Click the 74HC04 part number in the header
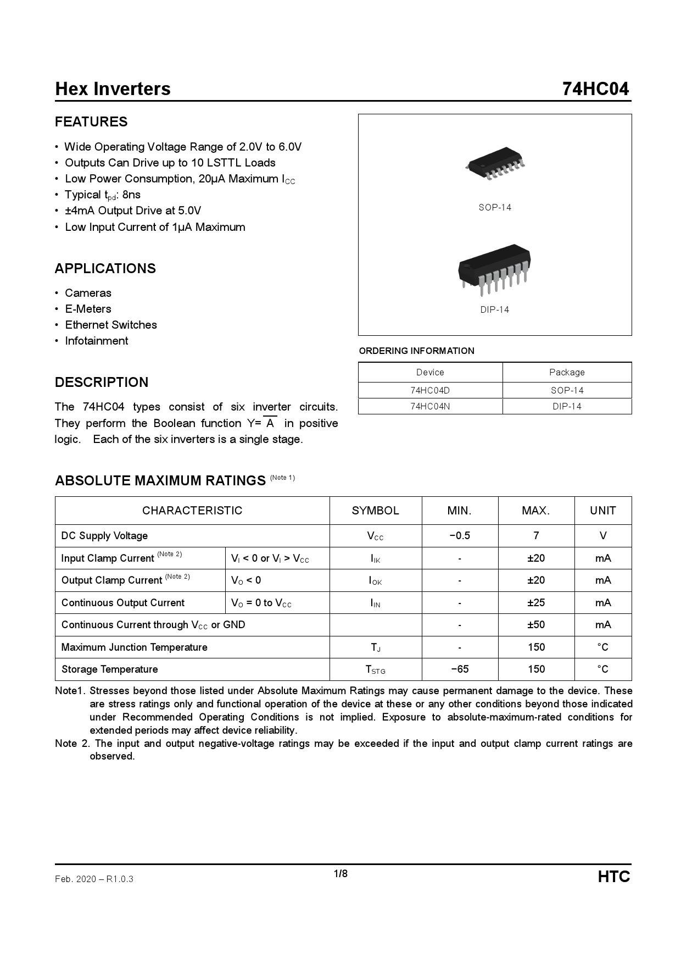[595, 89]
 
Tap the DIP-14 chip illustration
[494, 269]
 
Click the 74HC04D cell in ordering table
[430, 390]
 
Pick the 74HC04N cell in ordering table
[430, 406]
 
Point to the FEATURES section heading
[91, 122]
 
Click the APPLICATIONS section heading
[105, 269]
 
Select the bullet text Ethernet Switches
[111, 325]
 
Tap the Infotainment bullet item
[97, 341]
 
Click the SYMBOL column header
[376, 511]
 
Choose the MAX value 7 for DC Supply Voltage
[536, 536]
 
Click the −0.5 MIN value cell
[460, 536]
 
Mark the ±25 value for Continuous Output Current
[536, 602]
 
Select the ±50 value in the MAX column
[536, 625]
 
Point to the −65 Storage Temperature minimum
[460, 669]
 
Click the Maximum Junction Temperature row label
[135, 647]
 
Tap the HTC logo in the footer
[614, 877]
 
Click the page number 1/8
[340, 874]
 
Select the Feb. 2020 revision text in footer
[94, 879]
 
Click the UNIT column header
[603, 511]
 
